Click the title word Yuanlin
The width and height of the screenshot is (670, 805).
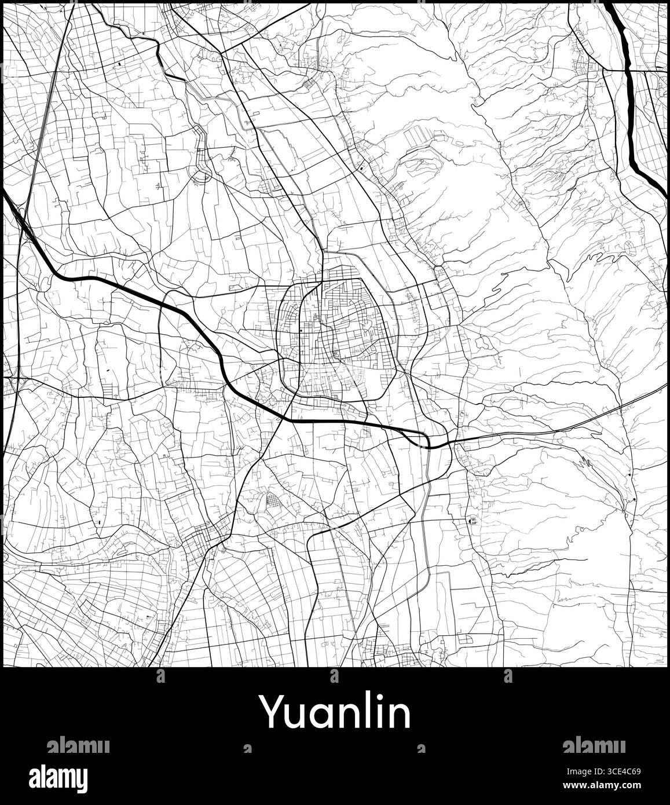(334, 713)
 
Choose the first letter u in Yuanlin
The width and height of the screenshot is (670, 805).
(295, 716)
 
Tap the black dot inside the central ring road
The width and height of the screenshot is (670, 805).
(302, 331)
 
